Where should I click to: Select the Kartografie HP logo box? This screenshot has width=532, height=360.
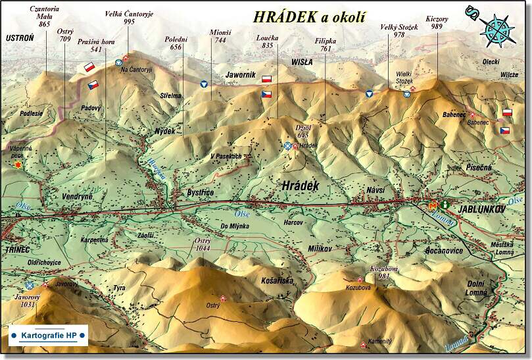coord(49,336)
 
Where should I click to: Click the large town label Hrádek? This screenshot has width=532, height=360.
coord(300,186)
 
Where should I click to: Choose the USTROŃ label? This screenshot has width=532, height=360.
coord(19,38)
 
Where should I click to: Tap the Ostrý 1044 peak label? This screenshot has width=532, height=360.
coord(203,245)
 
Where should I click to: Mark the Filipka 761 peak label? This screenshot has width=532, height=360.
coord(325,45)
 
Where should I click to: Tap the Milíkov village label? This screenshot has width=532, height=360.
coord(322,248)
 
